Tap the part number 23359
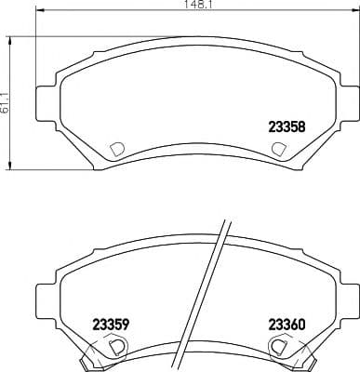tap(111, 324)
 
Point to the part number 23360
tap(287, 324)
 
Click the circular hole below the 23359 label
tap(116, 346)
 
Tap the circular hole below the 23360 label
tap(277, 346)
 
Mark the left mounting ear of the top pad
tap(43, 101)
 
